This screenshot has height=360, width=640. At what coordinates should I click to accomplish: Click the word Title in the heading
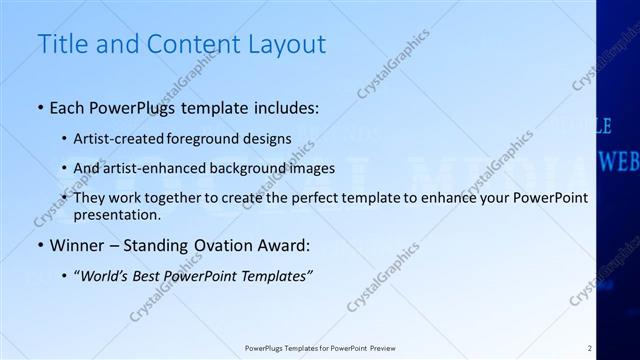(x=59, y=44)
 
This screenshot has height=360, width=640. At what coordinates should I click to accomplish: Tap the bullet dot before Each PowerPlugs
(x=39, y=105)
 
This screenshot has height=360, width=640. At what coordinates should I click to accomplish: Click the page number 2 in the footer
(x=590, y=348)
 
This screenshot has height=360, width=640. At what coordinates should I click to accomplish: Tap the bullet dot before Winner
(x=39, y=243)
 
